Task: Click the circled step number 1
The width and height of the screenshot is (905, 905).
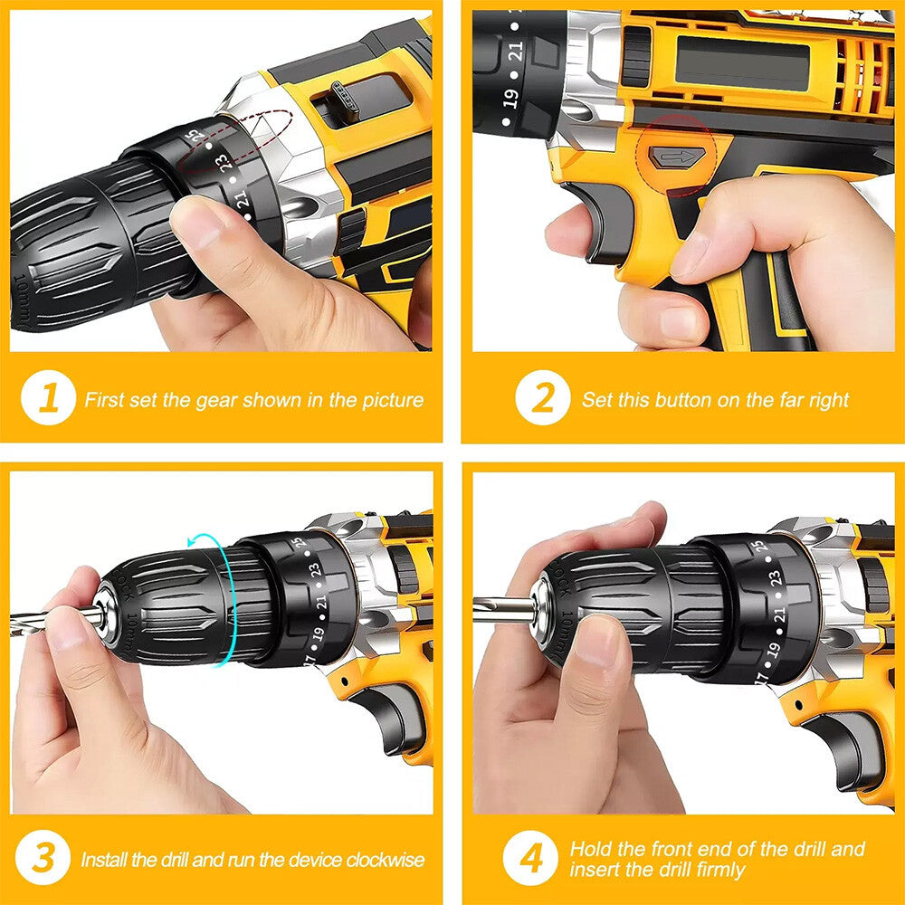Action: coord(48,399)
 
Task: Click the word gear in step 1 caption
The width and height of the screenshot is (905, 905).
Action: coord(217,399)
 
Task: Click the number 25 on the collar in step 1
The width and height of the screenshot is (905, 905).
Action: coord(192,136)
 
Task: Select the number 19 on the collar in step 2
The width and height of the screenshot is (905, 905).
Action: coord(510,99)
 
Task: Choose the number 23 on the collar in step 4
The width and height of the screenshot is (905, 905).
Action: coord(776,579)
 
